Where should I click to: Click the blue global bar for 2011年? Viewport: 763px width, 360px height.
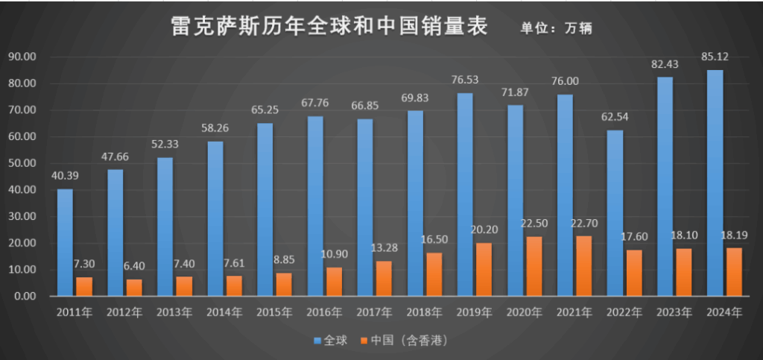click(66, 242)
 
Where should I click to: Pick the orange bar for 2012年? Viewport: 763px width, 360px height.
click(135, 288)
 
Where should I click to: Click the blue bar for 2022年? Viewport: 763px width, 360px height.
click(615, 213)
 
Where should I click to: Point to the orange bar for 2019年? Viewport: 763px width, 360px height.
click(484, 269)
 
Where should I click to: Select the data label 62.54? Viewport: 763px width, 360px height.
click(615, 116)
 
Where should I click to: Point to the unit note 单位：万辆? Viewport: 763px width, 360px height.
click(551, 28)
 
